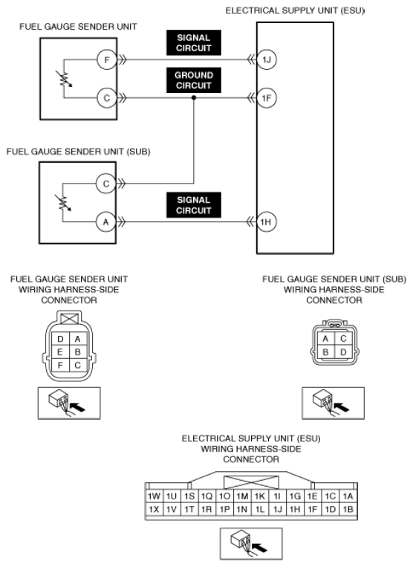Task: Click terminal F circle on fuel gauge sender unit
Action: coord(107,59)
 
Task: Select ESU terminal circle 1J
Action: coord(267,59)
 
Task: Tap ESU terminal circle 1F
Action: coord(267,98)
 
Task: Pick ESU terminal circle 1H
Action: coord(267,221)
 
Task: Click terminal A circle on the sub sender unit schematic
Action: coord(106,221)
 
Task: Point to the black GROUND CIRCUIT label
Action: coord(194,80)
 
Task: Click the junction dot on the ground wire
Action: coord(194,98)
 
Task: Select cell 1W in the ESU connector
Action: coord(154,496)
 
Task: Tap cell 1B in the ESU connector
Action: coord(348,510)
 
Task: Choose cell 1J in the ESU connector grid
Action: coord(278,510)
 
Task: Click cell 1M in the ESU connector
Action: coord(242,496)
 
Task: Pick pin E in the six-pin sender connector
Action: coord(60,352)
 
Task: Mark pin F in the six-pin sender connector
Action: coord(60,366)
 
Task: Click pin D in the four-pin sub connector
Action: coord(343,352)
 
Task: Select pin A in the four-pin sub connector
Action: coord(325,339)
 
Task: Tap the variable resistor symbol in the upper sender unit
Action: coord(64,79)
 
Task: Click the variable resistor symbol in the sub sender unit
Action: coord(63,203)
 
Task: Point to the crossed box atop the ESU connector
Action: coord(252,483)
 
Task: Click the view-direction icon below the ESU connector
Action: coord(251,544)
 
